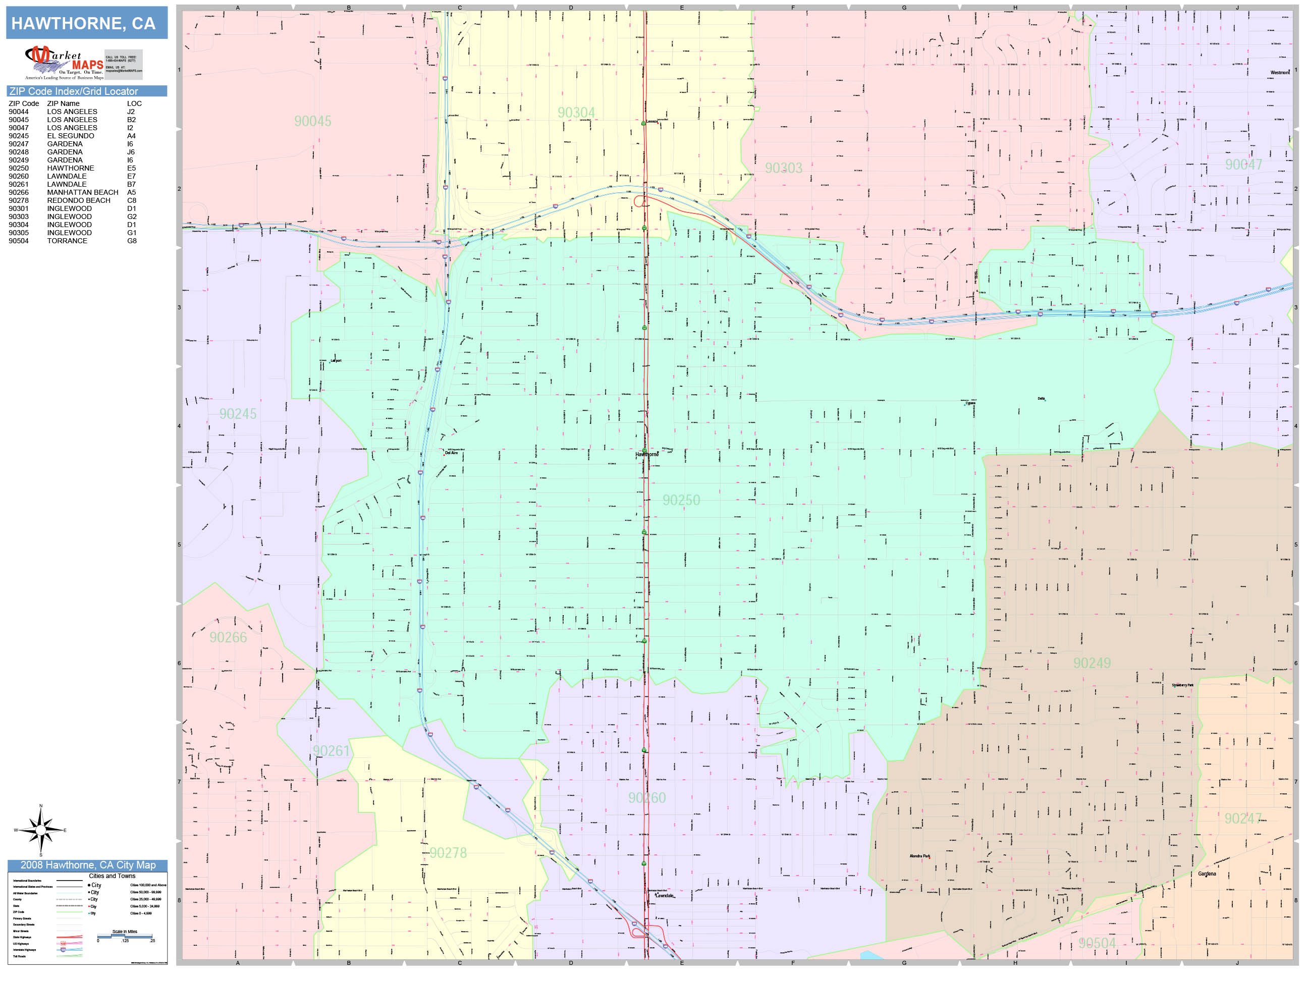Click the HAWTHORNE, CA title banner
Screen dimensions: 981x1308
pyautogui.click(x=83, y=23)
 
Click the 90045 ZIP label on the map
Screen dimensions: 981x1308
pyautogui.click(x=313, y=121)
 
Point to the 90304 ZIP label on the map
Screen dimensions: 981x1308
pyautogui.click(x=576, y=113)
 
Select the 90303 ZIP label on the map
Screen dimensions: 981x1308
pyautogui.click(x=784, y=168)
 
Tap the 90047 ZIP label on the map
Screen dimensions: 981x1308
pyautogui.click(x=1243, y=165)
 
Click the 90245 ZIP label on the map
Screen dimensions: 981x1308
pyautogui.click(x=238, y=414)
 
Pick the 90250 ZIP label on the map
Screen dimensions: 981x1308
pyautogui.click(x=681, y=500)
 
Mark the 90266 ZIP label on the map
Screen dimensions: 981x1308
pyautogui.click(x=228, y=637)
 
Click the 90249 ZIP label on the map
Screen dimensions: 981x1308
pyautogui.click(x=1092, y=664)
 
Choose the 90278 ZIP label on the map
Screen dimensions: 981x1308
pyautogui.click(x=448, y=853)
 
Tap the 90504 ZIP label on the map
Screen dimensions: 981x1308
pyautogui.click(x=1097, y=943)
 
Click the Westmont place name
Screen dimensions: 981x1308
pyautogui.click(x=1280, y=73)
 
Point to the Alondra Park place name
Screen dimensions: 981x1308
pyautogui.click(x=919, y=856)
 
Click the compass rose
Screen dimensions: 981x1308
pyautogui.click(x=40, y=830)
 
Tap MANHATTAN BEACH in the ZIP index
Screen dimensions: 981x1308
pyautogui.click(x=83, y=192)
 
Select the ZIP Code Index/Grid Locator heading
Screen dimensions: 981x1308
pyautogui.click(x=73, y=91)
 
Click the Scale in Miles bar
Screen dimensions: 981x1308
pyautogui.click(x=125, y=936)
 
